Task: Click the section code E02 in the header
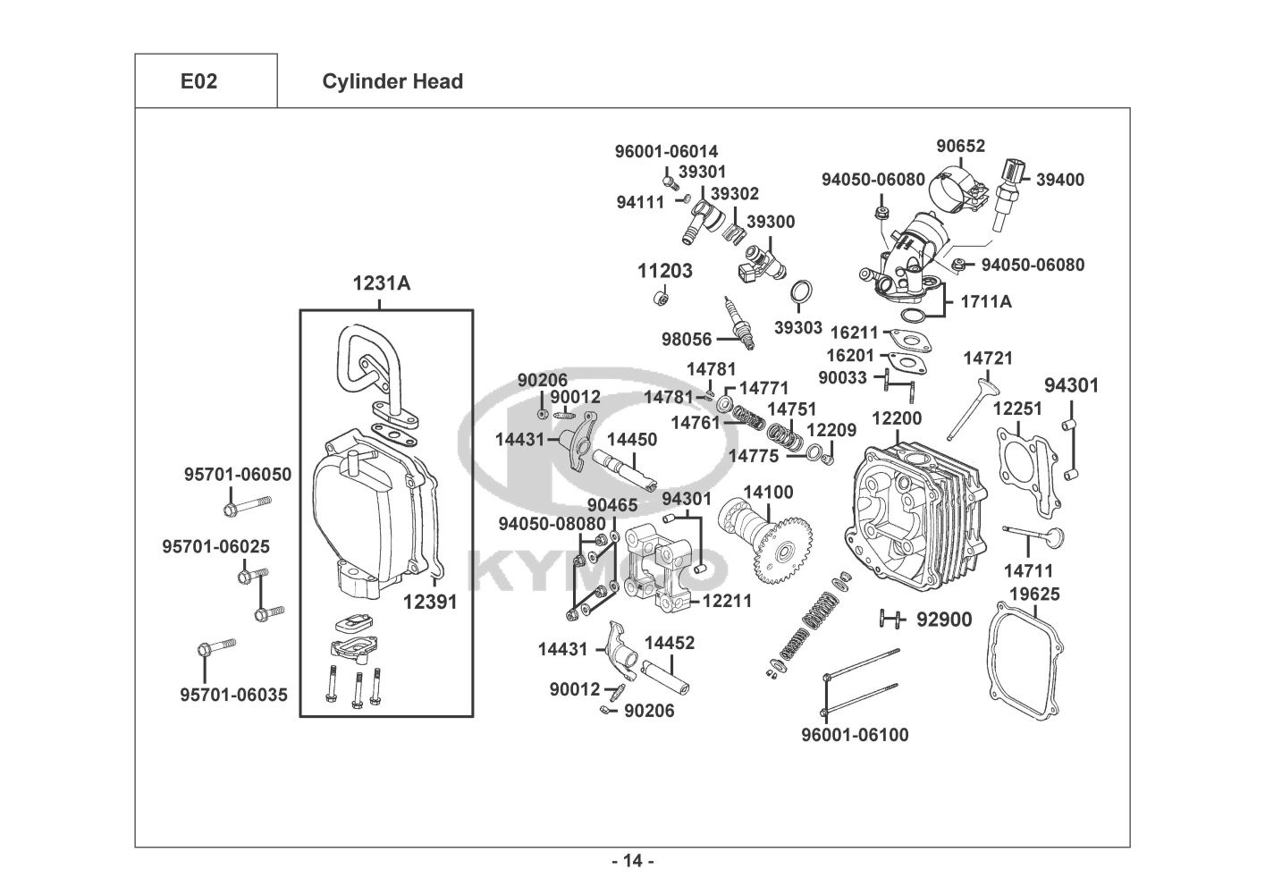point(198,81)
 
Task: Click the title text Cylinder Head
point(392,81)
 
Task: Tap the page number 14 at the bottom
point(633,861)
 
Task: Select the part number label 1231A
point(382,283)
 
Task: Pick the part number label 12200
point(897,417)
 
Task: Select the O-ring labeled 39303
point(802,292)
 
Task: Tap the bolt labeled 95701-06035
point(215,646)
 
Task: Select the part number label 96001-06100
point(855,735)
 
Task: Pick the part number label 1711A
point(986,301)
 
